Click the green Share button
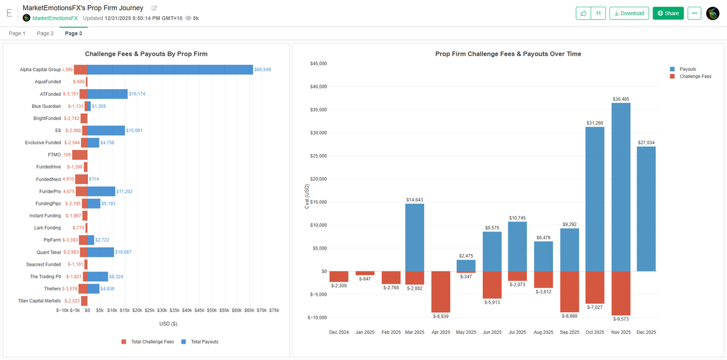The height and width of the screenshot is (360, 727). (668, 13)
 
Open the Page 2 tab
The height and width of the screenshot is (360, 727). (45, 33)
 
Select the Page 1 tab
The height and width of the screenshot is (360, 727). (17, 33)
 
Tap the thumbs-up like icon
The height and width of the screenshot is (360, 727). (583, 13)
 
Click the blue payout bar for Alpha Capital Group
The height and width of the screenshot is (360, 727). (170, 70)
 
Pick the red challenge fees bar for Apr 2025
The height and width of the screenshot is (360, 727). (440, 292)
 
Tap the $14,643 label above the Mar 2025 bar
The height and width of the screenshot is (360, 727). (414, 199)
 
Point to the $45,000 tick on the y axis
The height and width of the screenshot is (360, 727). (318, 64)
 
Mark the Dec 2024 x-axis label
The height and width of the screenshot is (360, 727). (339, 332)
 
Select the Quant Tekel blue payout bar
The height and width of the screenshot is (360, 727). (101, 252)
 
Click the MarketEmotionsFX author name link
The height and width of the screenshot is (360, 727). (55, 18)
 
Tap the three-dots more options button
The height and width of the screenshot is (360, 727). (694, 13)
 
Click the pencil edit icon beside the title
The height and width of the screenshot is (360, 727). (154, 8)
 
